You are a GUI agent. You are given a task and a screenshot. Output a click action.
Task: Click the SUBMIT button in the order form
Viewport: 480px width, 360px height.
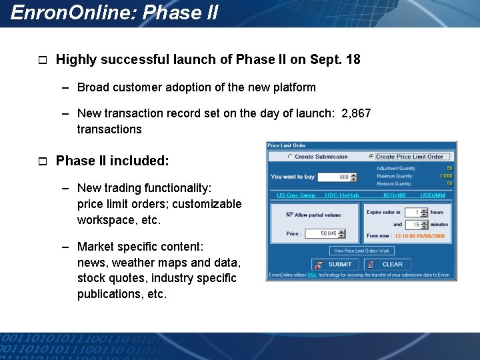click(333, 264)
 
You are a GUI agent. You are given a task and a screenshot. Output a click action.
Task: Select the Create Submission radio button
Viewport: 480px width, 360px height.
click(290, 157)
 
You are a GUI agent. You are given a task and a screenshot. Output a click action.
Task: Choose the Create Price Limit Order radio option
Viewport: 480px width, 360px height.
click(371, 157)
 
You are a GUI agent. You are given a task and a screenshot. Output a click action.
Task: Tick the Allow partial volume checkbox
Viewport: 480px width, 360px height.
click(289, 215)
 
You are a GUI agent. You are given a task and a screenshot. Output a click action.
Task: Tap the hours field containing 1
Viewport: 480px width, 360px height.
click(416, 212)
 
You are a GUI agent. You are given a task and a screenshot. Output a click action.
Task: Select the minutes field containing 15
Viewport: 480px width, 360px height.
click(416, 225)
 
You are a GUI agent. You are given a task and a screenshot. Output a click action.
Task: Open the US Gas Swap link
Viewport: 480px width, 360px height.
click(295, 195)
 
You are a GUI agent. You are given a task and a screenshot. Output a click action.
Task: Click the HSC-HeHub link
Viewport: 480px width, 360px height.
click(341, 195)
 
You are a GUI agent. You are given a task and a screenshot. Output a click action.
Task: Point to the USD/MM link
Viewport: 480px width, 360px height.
click(433, 195)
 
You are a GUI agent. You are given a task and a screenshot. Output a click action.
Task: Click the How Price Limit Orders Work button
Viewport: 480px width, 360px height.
click(361, 251)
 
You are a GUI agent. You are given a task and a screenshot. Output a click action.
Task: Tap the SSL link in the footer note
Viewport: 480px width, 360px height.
click(312, 275)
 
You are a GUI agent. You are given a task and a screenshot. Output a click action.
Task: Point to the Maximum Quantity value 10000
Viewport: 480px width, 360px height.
click(445, 176)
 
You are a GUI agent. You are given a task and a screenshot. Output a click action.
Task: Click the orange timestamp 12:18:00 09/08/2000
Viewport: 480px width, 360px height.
click(419, 236)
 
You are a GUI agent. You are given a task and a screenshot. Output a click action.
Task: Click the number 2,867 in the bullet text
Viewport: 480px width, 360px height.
click(356, 113)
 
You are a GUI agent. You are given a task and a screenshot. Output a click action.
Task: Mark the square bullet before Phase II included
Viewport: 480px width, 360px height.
click(41, 161)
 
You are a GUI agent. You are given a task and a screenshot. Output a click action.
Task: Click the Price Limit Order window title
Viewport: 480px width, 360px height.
click(287, 145)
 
